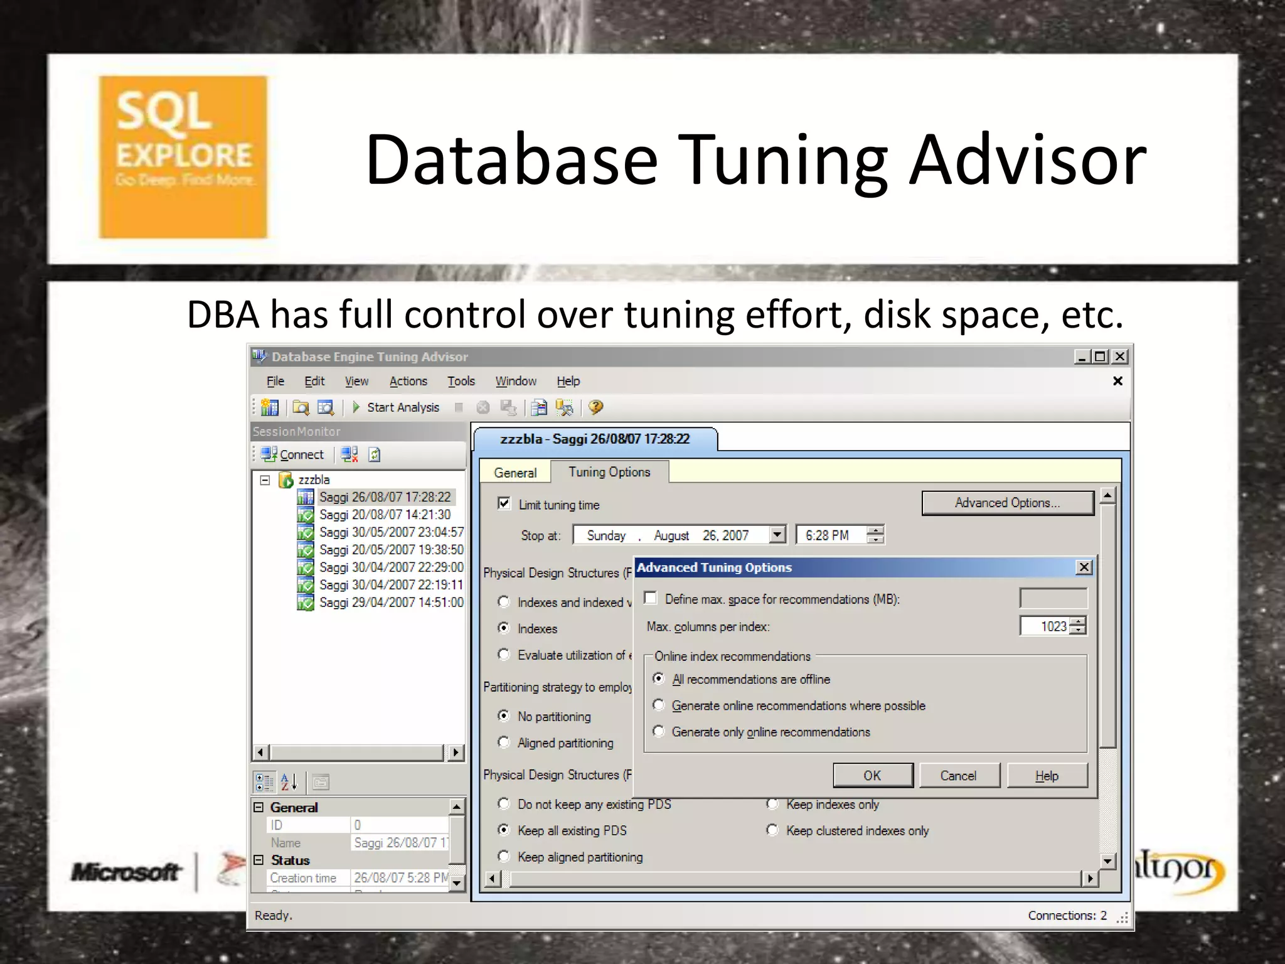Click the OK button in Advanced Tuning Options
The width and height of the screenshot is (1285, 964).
872,775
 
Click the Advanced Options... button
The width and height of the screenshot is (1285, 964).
1007,503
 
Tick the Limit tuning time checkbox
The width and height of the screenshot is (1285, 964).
504,503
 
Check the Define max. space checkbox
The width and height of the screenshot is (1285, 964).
651,598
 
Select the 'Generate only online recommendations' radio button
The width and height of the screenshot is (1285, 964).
659,731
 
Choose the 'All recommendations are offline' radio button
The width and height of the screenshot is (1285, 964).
659,678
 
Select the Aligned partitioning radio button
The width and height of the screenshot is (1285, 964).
504,742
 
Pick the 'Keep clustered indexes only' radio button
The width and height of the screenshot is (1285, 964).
773,830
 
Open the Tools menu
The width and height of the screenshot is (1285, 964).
461,381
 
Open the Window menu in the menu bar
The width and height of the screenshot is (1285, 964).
516,381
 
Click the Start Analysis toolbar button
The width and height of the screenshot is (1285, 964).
396,407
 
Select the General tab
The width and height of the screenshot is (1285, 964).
515,473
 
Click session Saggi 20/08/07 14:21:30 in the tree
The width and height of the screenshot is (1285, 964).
385,515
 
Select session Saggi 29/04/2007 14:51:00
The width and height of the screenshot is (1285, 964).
391,602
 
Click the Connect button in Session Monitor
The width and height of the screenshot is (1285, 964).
293,454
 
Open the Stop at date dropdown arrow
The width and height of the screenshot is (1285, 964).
777,535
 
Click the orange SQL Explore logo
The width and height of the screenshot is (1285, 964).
183,157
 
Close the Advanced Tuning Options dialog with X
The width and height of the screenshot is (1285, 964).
1084,567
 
